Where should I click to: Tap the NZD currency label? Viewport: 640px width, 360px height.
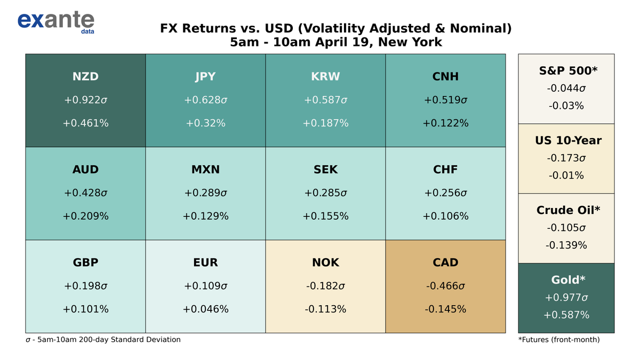pos(85,77)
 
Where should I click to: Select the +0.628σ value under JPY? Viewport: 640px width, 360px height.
pos(205,100)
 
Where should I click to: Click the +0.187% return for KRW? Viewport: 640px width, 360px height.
pos(325,123)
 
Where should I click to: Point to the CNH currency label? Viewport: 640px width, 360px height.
pos(445,77)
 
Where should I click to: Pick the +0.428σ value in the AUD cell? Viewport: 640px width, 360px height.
pos(85,193)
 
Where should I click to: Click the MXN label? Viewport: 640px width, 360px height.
pos(205,170)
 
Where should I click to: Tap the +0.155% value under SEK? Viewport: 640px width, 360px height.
pos(325,216)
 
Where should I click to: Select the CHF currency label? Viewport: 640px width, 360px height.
pos(445,170)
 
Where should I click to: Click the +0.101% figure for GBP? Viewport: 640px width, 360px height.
pos(85,309)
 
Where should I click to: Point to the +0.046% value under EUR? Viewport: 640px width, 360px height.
pos(205,309)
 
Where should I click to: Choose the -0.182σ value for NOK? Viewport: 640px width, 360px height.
pos(325,286)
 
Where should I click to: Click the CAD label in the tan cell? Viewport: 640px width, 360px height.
pos(445,262)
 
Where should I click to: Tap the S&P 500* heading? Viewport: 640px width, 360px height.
pos(566,71)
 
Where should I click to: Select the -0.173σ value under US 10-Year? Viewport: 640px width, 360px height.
pos(566,158)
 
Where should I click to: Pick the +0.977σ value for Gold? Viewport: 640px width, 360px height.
pos(566,298)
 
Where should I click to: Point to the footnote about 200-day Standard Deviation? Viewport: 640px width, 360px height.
pos(103,339)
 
